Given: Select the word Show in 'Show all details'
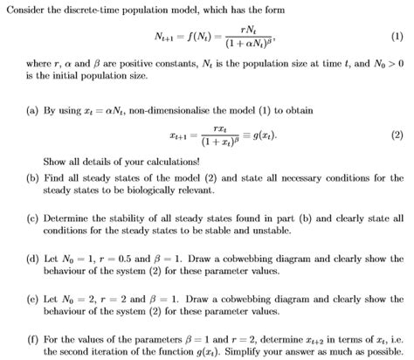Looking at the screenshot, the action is pos(54,163).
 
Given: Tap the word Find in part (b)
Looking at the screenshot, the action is pos(54,177).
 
